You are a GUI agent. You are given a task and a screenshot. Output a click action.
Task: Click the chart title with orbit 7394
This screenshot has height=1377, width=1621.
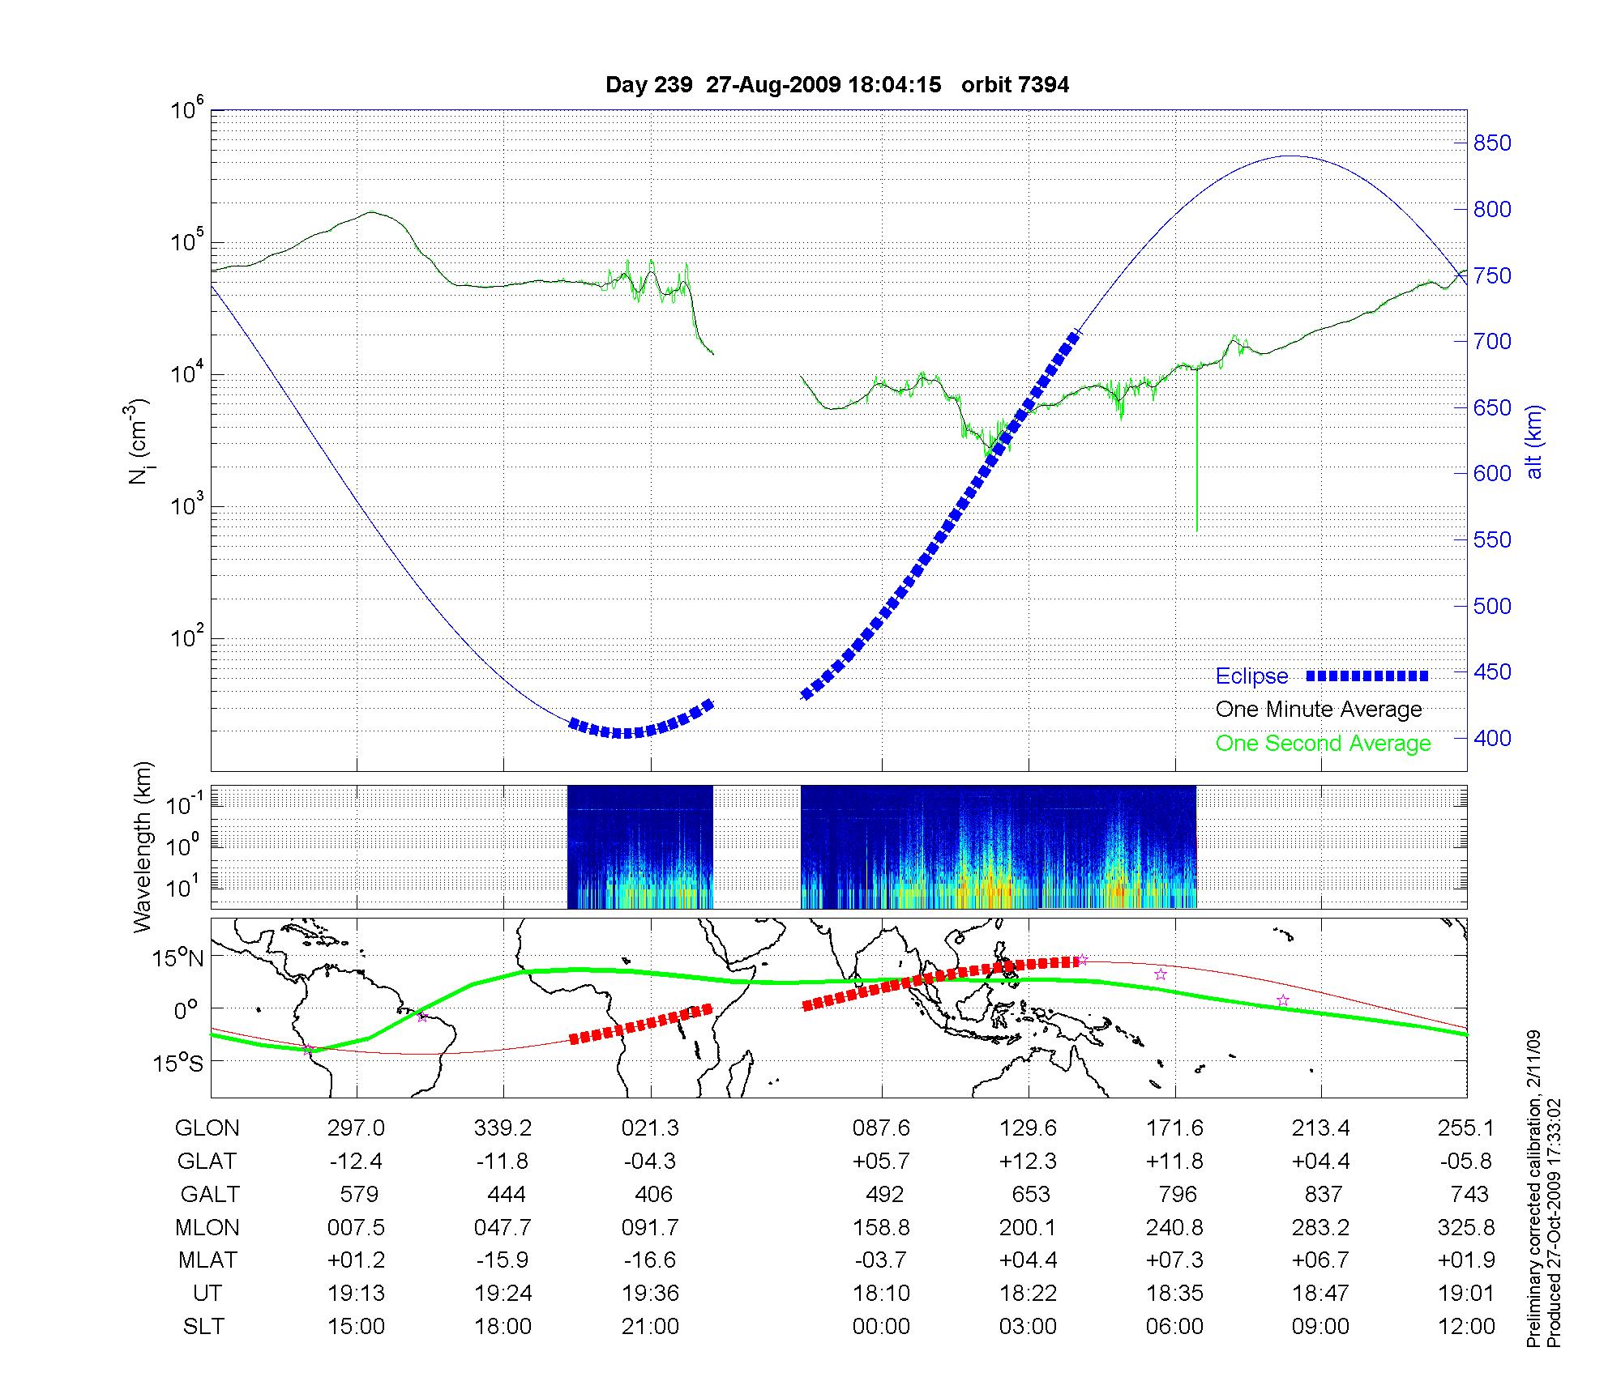(837, 85)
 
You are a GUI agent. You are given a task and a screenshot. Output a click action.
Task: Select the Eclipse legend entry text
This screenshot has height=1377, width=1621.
(1251, 676)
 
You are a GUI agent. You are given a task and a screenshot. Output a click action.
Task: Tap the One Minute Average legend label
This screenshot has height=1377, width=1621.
(1319, 710)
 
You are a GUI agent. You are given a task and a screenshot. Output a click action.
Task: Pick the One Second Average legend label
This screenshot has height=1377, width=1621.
(1323, 744)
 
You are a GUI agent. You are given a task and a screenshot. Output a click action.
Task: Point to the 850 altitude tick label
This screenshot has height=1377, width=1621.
(1492, 143)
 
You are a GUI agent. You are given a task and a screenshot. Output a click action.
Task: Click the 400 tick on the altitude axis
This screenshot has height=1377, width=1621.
(1492, 738)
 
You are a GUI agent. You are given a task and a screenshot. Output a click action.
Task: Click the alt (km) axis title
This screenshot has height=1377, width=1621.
(1534, 441)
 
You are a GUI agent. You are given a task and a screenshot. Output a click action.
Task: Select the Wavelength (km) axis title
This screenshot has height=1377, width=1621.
(143, 846)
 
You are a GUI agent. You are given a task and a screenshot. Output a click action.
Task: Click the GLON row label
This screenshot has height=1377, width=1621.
(207, 1128)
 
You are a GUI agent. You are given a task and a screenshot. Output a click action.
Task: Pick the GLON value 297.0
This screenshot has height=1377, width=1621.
(356, 1128)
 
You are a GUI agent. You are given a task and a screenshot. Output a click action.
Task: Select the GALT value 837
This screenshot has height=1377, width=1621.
(1321, 1195)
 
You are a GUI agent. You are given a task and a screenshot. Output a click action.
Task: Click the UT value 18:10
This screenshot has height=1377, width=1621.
(881, 1294)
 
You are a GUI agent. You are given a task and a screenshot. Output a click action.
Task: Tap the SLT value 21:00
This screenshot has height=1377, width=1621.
(650, 1327)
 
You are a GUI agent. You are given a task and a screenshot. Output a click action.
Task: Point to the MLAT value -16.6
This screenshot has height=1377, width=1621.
(650, 1260)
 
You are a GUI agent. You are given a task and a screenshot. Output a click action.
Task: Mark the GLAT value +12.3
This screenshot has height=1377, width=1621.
(1028, 1162)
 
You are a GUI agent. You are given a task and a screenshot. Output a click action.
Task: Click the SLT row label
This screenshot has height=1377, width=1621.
(203, 1327)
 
